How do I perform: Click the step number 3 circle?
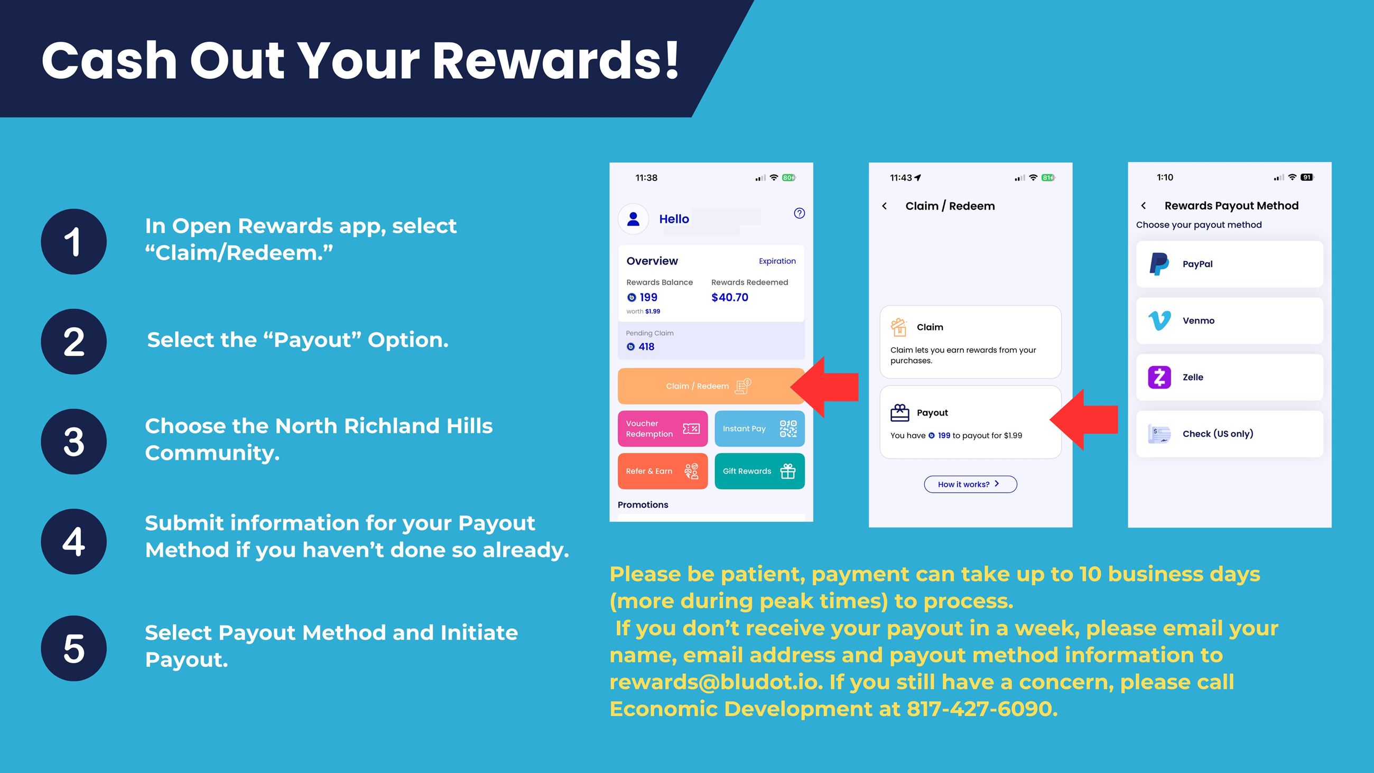[x=73, y=441]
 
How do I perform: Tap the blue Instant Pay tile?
[x=759, y=428]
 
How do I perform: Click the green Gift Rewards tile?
[x=759, y=471]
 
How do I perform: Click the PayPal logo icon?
[x=1159, y=264]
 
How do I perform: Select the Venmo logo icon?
[x=1159, y=320]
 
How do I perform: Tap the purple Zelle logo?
[x=1159, y=377]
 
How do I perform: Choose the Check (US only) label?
[x=1218, y=434]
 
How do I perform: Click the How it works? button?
[x=970, y=484]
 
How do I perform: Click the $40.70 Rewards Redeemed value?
[x=730, y=298]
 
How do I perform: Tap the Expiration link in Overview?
[x=777, y=261]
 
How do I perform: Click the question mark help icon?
[x=799, y=214]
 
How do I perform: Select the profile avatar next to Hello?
[x=633, y=219]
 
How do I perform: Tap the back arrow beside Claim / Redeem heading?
[x=884, y=206]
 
